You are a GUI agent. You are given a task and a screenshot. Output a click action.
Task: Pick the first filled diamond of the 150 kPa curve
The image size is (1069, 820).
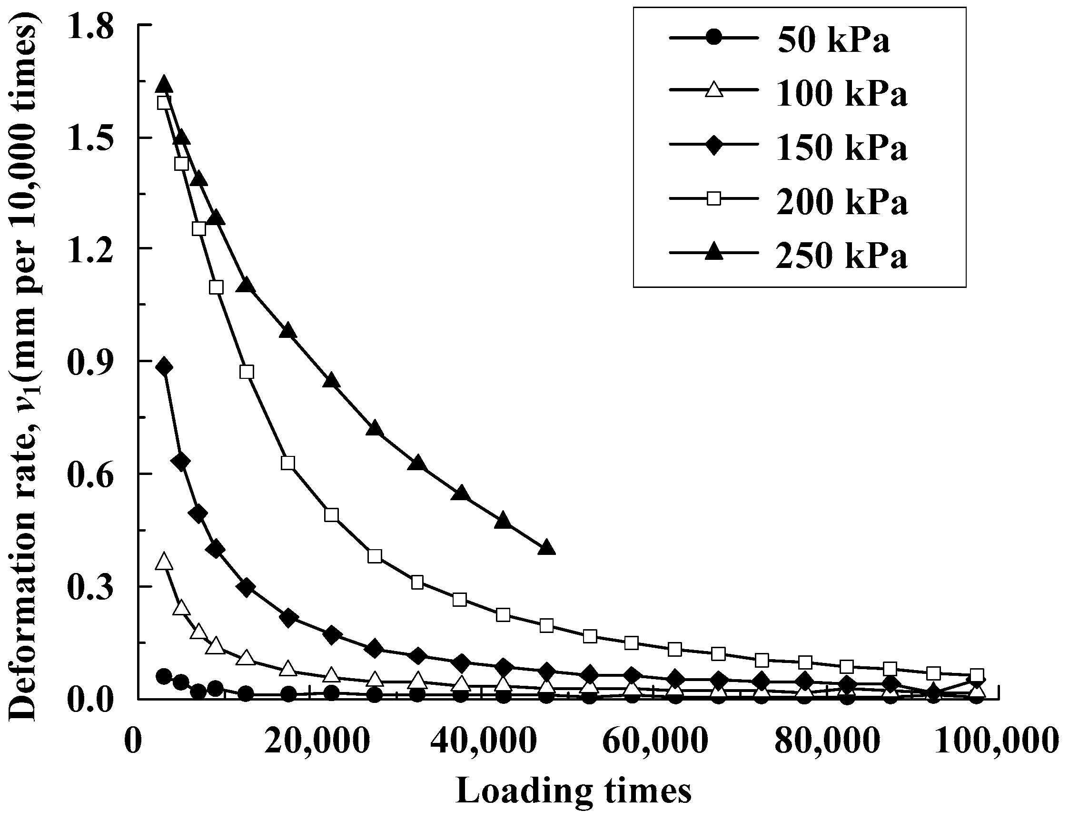point(164,367)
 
